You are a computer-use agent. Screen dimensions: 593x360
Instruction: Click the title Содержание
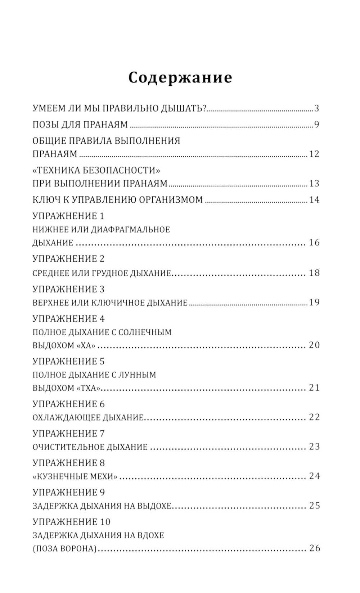[x=180, y=77]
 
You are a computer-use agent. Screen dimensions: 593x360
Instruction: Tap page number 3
[x=316, y=108]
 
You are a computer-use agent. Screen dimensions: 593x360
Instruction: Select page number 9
[x=316, y=125]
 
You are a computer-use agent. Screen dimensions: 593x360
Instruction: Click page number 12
[x=314, y=154]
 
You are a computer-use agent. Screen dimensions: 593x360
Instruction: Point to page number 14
[x=314, y=199]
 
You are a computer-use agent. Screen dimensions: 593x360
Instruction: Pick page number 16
[x=314, y=242]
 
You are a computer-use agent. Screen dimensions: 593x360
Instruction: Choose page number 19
[x=314, y=302]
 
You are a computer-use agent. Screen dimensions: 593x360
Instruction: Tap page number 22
[x=314, y=417]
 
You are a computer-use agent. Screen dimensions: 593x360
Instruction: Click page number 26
[x=314, y=548]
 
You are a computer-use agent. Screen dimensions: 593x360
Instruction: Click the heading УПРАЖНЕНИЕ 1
[x=68, y=216]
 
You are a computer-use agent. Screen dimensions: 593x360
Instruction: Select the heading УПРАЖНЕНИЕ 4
[x=68, y=319]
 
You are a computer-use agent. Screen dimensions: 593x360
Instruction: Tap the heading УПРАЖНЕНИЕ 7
[x=68, y=433]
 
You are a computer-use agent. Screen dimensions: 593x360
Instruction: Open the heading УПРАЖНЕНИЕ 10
[x=71, y=522]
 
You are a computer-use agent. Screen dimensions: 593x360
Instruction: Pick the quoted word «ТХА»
[x=88, y=388]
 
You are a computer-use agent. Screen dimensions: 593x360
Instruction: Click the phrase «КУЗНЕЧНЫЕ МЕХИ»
[x=75, y=477]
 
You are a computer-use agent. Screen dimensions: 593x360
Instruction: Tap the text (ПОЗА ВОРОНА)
[x=65, y=549]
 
